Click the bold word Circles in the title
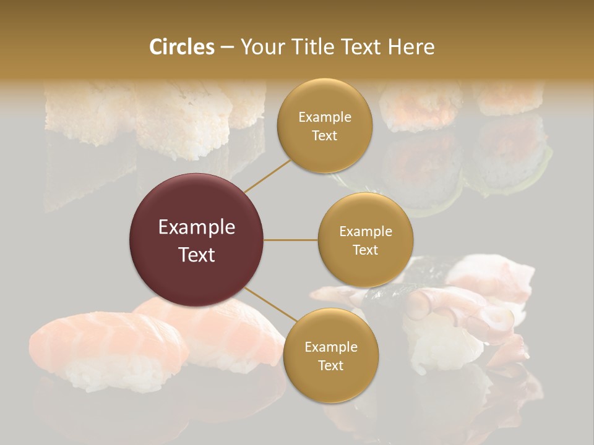[x=181, y=47]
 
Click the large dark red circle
[x=196, y=240]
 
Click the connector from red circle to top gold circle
[x=267, y=175]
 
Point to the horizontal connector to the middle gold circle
[x=290, y=240]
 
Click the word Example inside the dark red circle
[x=196, y=227]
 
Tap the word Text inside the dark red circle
[x=196, y=254]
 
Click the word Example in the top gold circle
[x=325, y=117]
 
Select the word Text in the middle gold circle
[x=365, y=250]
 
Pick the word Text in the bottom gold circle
[x=330, y=365]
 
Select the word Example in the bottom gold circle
[x=330, y=347]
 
